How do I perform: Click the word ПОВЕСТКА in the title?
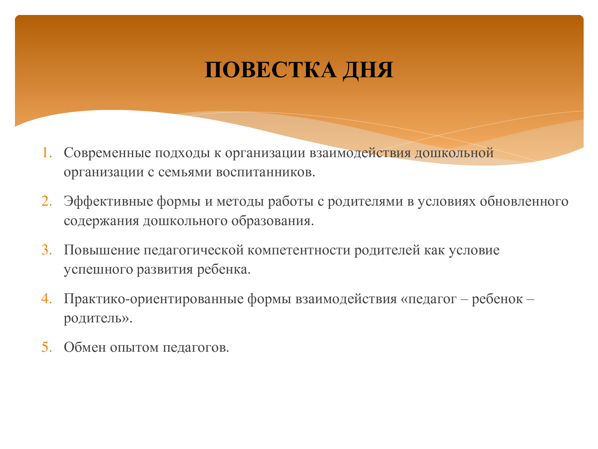[x=271, y=70]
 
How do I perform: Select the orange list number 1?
[x=47, y=152]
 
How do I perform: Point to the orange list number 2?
[x=47, y=201]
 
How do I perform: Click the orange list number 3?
[x=47, y=250]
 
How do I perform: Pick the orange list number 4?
[x=47, y=299]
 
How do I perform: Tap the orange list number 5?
[x=47, y=348]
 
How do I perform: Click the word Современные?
[x=107, y=153]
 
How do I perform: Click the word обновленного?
[x=524, y=202]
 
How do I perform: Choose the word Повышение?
[x=102, y=250]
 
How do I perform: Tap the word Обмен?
[x=85, y=348]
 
